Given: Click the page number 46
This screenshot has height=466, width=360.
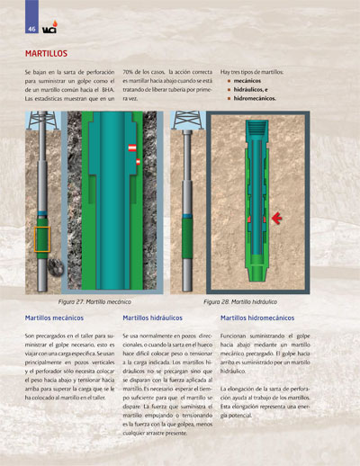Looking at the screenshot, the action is pyautogui.click(x=31, y=28).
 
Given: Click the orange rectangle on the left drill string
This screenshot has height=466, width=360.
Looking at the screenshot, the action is pyautogui.click(x=41, y=239).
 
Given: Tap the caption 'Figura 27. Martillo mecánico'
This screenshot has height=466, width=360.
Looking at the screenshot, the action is pyautogui.click(x=95, y=302).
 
